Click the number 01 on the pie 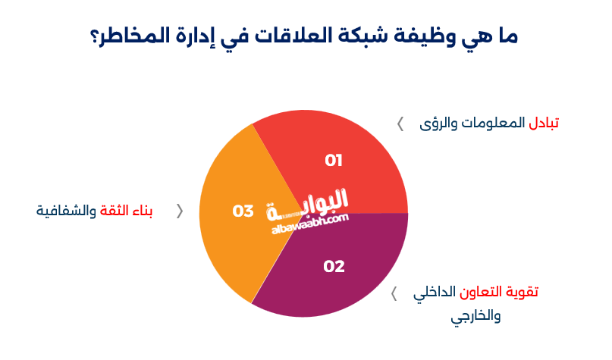coord(334,161)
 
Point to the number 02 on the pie coord(334,267)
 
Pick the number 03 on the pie coord(243,211)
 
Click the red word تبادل coord(544,123)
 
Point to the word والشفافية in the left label coord(66,211)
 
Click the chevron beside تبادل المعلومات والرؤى coord(400,124)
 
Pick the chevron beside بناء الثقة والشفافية coord(180,211)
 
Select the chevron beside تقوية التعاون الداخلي coord(394,293)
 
